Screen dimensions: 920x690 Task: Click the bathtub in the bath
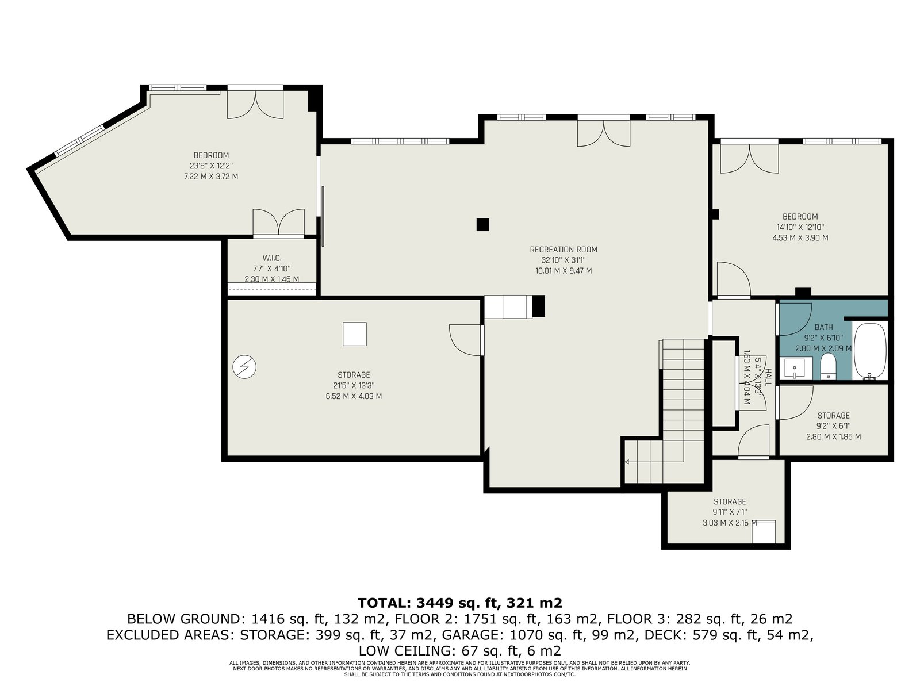coord(870,351)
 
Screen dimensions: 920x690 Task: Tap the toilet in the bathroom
coord(828,366)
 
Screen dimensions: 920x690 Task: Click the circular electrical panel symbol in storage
coord(244,367)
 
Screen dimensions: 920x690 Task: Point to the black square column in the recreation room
coord(482,225)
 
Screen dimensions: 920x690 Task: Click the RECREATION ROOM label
coord(563,250)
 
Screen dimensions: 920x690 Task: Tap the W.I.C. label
coord(272,258)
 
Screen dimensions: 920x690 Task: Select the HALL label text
coord(768,377)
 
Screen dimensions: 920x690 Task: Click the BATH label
coord(823,327)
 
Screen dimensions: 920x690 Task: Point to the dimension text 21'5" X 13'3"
coord(354,385)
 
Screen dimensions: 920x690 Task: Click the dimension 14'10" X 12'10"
coord(800,228)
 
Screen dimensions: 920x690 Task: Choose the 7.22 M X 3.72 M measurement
coord(211,177)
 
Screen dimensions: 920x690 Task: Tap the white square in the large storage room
coord(355,334)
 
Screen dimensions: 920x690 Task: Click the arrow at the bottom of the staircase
coord(627,462)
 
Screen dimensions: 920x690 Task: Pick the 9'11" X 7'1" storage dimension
coord(730,512)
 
